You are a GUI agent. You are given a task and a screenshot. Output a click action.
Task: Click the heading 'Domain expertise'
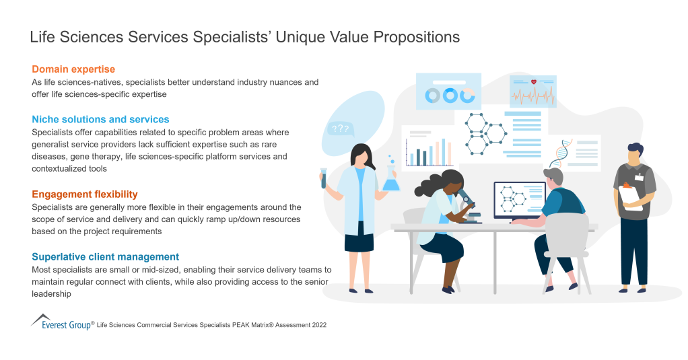(73, 69)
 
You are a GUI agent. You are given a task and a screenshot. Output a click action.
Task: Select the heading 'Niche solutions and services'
(100, 119)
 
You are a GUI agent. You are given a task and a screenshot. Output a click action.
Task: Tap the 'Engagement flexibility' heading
(84, 194)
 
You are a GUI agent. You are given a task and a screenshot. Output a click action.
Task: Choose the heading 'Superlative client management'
(105, 256)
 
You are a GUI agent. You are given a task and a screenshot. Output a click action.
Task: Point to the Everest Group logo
(61, 322)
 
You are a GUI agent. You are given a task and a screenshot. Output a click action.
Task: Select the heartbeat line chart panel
(532, 92)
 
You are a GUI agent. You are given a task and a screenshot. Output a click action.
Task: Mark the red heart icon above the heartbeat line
(534, 82)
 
